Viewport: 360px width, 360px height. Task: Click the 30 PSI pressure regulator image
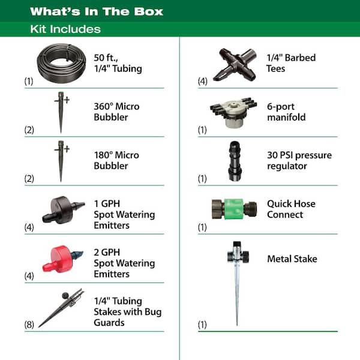(235, 161)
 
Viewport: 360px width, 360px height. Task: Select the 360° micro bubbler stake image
(61, 112)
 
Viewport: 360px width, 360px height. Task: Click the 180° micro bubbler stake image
(61, 160)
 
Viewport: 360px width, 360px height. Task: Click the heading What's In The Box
(96, 11)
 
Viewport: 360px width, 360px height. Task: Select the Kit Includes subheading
(65, 29)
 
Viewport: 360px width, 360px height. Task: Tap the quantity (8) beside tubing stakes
(28, 325)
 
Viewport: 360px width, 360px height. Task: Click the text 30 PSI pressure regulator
(299, 161)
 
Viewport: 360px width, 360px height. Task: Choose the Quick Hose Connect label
(291, 209)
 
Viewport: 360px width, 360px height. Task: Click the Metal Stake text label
(292, 259)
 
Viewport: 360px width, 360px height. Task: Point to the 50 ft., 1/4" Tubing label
(118, 63)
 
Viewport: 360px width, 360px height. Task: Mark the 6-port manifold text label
(286, 112)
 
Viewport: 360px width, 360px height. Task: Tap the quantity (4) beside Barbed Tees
(202, 81)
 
